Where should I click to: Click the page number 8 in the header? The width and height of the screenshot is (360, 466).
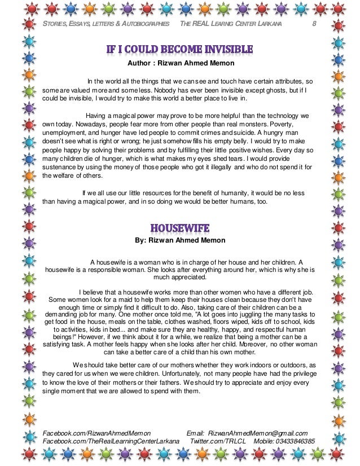point(315,25)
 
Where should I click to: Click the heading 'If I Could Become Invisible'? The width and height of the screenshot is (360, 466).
point(180,50)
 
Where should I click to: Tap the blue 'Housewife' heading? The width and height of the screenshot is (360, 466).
point(180,228)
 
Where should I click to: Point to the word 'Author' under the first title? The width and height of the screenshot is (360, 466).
point(139,63)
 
